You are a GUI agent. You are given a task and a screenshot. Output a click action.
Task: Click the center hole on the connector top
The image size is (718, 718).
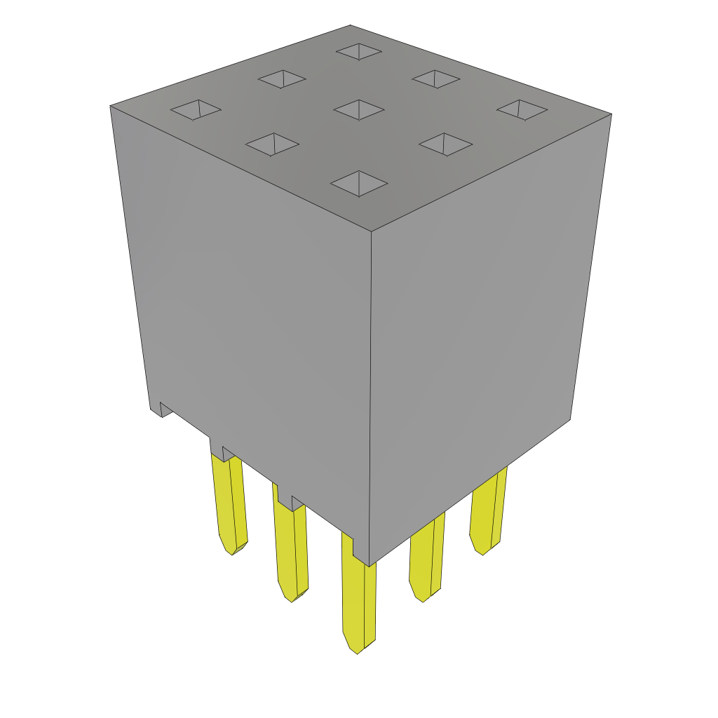[359, 109]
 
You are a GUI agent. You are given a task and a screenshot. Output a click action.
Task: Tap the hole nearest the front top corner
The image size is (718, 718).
[359, 184]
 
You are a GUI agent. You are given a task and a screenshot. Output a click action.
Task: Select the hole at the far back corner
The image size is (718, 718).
[359, 51]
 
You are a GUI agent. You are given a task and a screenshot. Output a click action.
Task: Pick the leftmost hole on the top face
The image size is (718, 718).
[196, 109]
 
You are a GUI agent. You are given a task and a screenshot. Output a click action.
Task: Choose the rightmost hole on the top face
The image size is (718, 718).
[522, 109]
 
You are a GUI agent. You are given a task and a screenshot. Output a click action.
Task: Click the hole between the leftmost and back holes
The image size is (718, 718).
[282, 79]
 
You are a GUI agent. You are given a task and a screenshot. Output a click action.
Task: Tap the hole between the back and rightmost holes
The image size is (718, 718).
[435, 79]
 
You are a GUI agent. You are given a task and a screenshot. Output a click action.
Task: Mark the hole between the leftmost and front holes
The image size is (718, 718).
[272, 144]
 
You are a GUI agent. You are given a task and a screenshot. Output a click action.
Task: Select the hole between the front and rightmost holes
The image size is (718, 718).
[445, 144]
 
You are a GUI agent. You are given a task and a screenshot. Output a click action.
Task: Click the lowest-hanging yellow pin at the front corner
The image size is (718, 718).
[358, 596]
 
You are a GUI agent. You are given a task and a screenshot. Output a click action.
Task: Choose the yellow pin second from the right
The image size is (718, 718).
[426, 557]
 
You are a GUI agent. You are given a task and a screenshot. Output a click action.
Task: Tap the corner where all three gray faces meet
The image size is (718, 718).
[371, 231]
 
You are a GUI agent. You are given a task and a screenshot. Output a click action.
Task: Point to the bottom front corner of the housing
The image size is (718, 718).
[370, 565]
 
